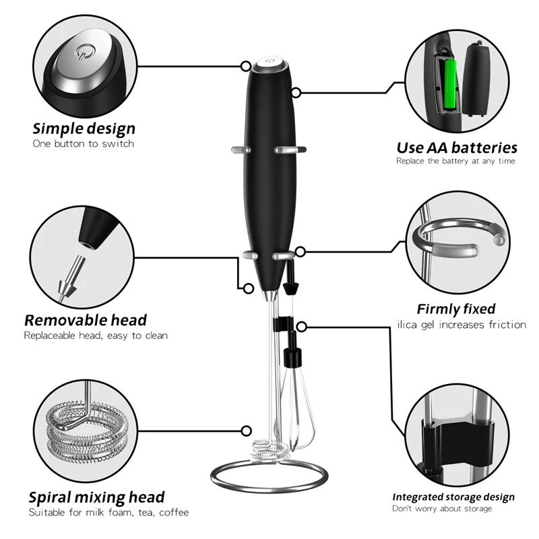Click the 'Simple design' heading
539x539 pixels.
click(84, 128)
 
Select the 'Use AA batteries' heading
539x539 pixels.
click(456, 147)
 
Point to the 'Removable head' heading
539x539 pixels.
click(86, 319)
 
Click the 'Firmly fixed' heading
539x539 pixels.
click(456, 309)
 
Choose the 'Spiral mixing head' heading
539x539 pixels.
click(96, 497)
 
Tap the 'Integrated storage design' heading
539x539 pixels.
click(453, 497)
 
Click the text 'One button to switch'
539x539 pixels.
click(84, 144)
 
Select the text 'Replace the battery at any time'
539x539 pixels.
click(455, 162)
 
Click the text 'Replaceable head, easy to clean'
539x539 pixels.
click(96, 335)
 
